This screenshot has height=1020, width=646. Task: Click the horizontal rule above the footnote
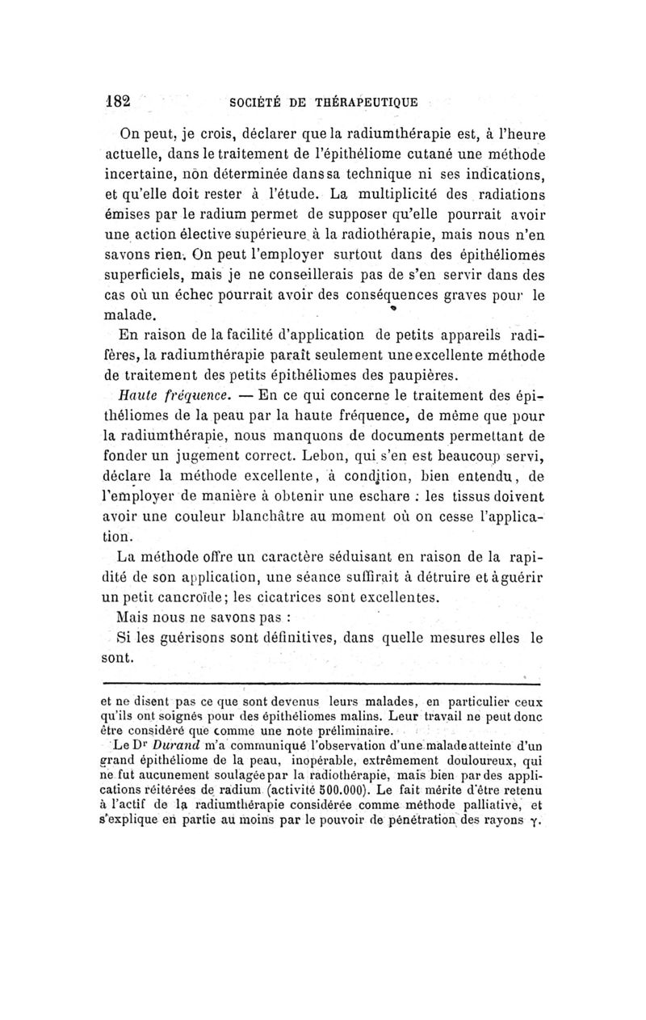click(x=323, y=684)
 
